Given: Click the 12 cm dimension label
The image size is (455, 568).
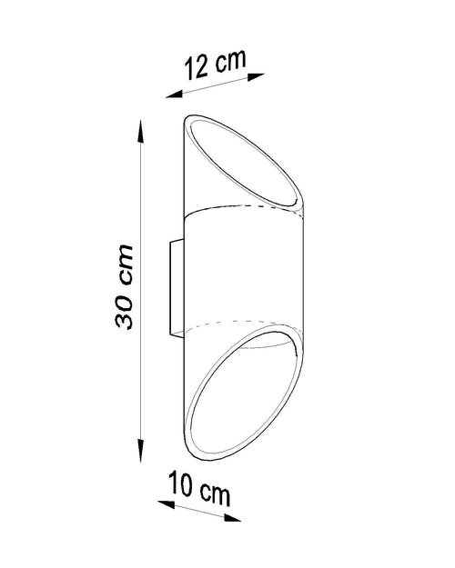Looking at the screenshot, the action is pos(215,65).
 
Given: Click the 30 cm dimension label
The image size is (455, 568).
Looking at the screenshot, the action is pos(124,286).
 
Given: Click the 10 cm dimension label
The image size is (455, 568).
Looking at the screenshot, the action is pos(199,488).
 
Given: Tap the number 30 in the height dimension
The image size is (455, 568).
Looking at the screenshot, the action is pos(124,312).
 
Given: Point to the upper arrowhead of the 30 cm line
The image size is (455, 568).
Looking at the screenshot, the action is pos(140,131).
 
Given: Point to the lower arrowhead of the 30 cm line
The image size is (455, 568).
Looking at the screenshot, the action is pos(140,450).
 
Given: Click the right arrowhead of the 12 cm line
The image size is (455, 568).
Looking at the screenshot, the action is pos(256,76).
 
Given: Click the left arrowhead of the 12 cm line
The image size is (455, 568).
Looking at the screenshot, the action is pos(174,95).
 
